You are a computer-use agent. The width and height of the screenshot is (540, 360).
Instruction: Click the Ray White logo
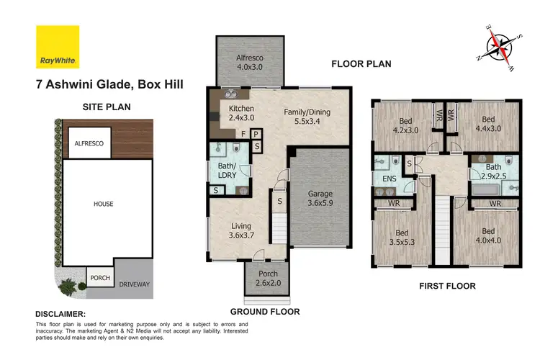coord(57,46)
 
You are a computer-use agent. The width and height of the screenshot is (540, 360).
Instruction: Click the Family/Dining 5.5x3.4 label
coord(307,117)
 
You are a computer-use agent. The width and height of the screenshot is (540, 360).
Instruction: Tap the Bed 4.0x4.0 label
coord(489,236)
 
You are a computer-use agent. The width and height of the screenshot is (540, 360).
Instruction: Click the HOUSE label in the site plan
coord(103,204)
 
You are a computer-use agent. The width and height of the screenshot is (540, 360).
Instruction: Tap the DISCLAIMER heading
coord(60,315)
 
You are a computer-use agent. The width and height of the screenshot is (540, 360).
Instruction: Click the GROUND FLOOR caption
coord(265,312)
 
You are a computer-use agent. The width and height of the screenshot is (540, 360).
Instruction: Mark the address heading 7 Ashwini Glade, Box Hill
coord(109,84)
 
